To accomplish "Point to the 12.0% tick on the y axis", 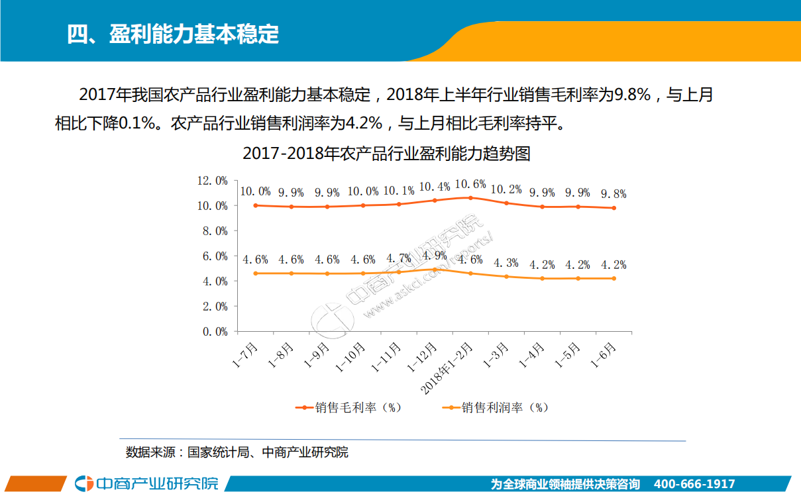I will coord(212,181).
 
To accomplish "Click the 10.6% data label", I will coord(470,184).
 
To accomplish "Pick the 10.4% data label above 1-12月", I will coord(435,187).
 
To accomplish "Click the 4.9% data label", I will coord(435,256).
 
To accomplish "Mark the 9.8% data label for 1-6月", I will coord(613,194).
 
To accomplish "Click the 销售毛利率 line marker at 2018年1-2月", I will coord(470,197).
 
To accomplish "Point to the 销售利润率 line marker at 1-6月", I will coord(614,278).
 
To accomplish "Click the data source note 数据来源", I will coord(237,453).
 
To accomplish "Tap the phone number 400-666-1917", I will coord(694,484).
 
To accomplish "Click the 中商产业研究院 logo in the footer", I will coord(147,483).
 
